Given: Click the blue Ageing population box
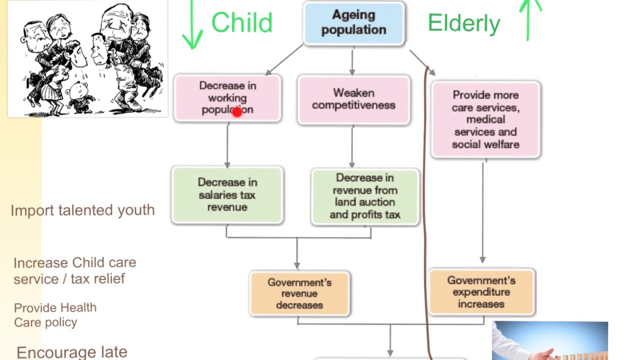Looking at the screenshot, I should click(x=353, y=23).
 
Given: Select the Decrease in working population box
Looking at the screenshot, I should click(x=227, y=97).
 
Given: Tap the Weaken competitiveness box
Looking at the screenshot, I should click(x=353, y=99).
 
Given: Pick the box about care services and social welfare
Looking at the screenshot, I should click(x=485, y=119).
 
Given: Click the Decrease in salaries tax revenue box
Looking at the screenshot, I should click(x=227, y=194).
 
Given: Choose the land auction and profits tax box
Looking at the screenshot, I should click(x=365, y=196).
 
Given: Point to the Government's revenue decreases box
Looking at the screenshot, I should click(x=299, y=293).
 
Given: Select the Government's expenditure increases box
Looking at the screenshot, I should click(x=481, y=292).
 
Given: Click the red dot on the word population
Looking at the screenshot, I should click(x=237, y=112).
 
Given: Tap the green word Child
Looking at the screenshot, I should click(x=241, y=23).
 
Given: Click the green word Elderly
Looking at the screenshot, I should click(x=463, y=23).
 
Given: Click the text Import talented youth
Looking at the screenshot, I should click(x=82, y=210).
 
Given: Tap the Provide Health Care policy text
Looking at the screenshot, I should click(x=55, y=314).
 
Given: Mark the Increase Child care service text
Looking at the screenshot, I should click(x=74, y=270).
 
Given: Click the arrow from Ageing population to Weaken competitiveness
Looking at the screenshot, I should click(x=352, y=61).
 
